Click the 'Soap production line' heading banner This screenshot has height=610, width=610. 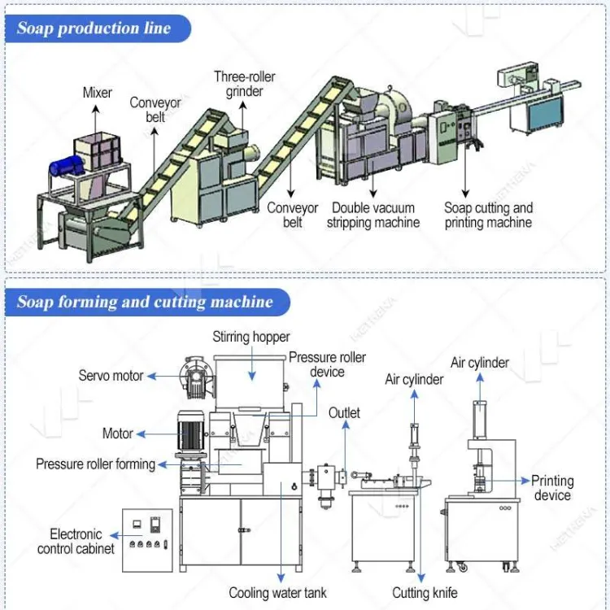pos(98,28)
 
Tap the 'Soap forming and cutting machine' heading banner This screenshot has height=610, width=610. pos(147,303)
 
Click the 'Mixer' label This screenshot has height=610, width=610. pos(98,93)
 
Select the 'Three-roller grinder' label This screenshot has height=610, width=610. pos(244,84)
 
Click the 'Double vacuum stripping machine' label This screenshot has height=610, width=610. pos(373,216)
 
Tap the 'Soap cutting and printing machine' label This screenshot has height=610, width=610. pos(488,216)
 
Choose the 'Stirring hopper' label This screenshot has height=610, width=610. pos(251,337)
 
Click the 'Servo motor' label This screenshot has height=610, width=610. pos(111,376)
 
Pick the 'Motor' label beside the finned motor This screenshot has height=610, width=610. pos(117,434)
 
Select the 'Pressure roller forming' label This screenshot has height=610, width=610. pos(95,464)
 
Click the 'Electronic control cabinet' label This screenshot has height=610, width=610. pos(76,541)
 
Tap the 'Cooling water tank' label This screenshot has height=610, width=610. pos(278,592)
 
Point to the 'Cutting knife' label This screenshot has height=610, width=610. pos(425,592)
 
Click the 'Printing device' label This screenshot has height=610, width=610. pos(552,488)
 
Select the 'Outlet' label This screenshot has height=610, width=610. pos(344,412)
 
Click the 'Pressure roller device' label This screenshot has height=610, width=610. pos(327,364)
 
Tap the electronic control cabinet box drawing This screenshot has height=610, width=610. pos(147,540)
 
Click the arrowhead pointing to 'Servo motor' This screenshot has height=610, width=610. pos(152,377)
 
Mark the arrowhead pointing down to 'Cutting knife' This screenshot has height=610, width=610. pos(421,577)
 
